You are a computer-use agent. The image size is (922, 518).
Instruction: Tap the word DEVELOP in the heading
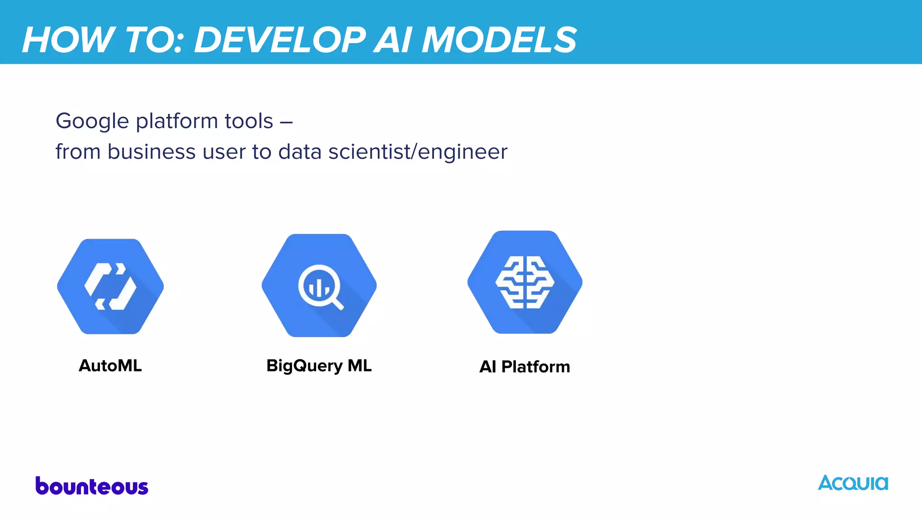280,40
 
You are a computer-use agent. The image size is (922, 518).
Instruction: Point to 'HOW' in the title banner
68,40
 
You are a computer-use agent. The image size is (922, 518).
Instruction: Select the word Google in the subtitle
92,121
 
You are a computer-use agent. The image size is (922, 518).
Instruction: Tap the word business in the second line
151,152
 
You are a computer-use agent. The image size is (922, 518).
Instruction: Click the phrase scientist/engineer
417,152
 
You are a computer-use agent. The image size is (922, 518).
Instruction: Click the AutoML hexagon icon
110,286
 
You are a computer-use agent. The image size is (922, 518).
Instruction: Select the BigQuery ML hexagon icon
319,286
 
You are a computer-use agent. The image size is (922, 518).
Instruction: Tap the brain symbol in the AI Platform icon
525,282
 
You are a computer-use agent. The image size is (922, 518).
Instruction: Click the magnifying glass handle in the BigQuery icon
338,304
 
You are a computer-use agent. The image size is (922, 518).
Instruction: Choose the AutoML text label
110,366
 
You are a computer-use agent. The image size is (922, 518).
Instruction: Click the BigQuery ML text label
319,366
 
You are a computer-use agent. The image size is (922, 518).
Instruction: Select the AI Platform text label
524,366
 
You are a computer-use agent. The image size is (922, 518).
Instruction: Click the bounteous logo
92,486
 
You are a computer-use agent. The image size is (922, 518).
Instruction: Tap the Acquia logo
853,483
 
